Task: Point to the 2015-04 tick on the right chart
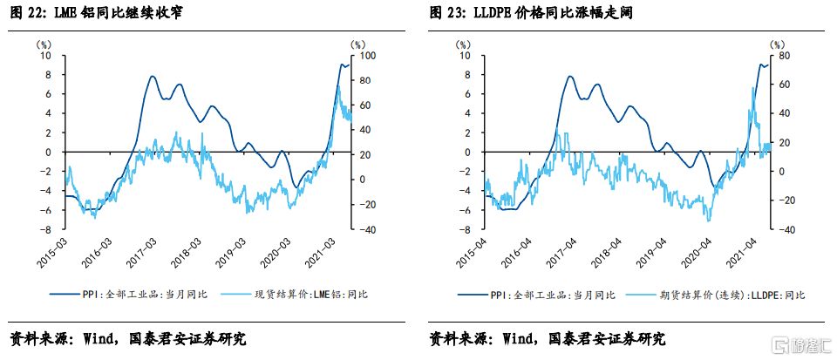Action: (x=472, y=250)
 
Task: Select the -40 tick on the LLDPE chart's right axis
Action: (x=782, y=230)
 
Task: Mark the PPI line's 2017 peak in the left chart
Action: (x=153, y=77)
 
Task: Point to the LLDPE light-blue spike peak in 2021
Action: (x=752, y=86)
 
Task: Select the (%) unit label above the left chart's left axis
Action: (x=44, y=43)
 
